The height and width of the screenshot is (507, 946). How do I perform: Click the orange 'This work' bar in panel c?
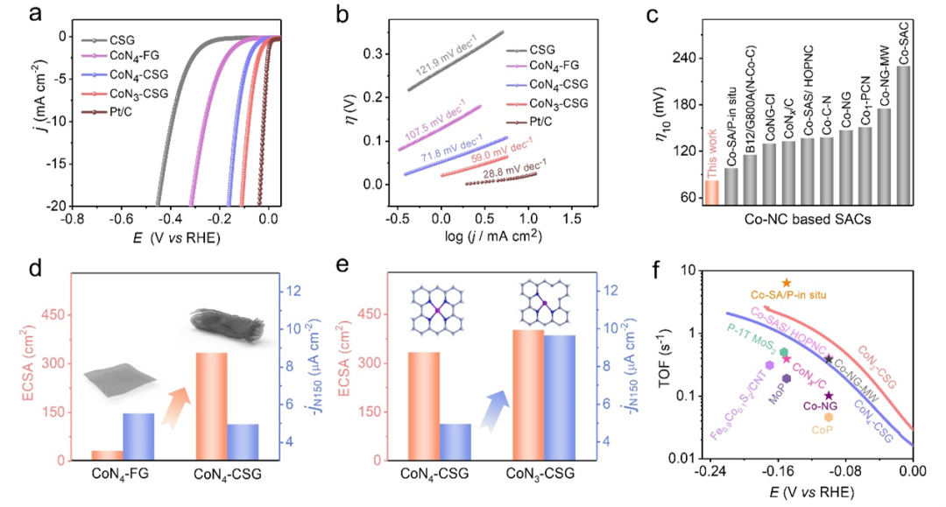(711, 191)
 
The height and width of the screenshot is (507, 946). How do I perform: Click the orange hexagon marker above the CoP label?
(828, 418)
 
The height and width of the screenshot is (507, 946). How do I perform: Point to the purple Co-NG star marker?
(829, 396)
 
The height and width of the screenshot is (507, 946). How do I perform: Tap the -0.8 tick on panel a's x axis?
(72, 219)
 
